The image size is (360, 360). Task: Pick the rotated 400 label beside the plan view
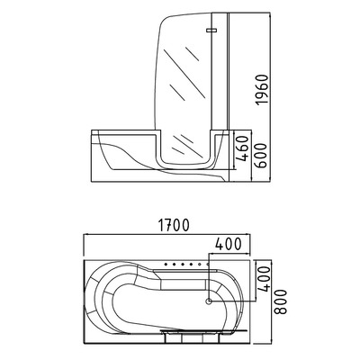click(263, 281)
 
